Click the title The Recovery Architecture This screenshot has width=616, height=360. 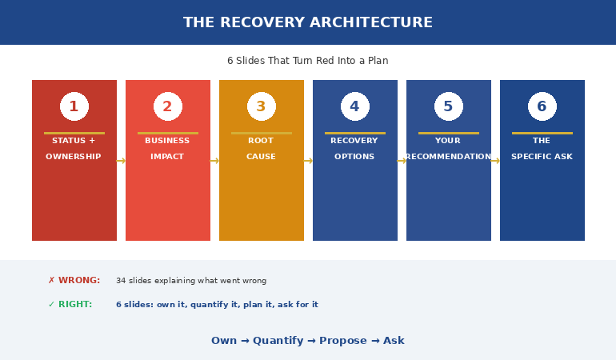pyautogui.click(x=308, y=22)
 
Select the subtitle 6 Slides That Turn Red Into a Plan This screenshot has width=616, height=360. pyautogui.click(x=308, y=61)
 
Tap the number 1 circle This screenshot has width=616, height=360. pyautogui.click(x=74, y=106)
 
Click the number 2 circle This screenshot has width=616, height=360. pyautogui.click(x=168, y=106)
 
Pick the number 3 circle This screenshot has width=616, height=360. pyautogui.click(x=262, y=106)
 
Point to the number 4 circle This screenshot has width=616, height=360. pyautogui.click(x=355, y=106)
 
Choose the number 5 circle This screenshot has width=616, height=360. pyautogui.click(x=449, y=106)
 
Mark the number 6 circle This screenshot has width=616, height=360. pyautogui.click(x=542, y=106)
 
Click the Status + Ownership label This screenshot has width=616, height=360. pyautogui.click(x=74, y=149)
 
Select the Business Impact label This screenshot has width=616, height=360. pyautogui.click(x=167, y=149)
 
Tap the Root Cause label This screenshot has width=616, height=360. pyautogui.click(x=261, y=149)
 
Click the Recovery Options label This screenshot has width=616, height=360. pyautogui.click(x=354, y=149)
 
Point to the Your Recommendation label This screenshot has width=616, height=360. pyautogui.click(x=448, y=149)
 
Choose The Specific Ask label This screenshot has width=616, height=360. pyautogui.click(x=542, y=149)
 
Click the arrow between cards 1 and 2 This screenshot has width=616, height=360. pyautogui.click(x=121, y=161)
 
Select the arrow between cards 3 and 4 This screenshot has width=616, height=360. pyautogui.click(x=308, y=161)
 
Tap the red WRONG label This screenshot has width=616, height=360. pyautogui.click(x=74, y=281)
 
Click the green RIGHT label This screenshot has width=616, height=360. pyautogui.click(x=70, y=305)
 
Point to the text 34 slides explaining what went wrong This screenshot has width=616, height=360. pyautogui.click(x=191, y=281)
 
